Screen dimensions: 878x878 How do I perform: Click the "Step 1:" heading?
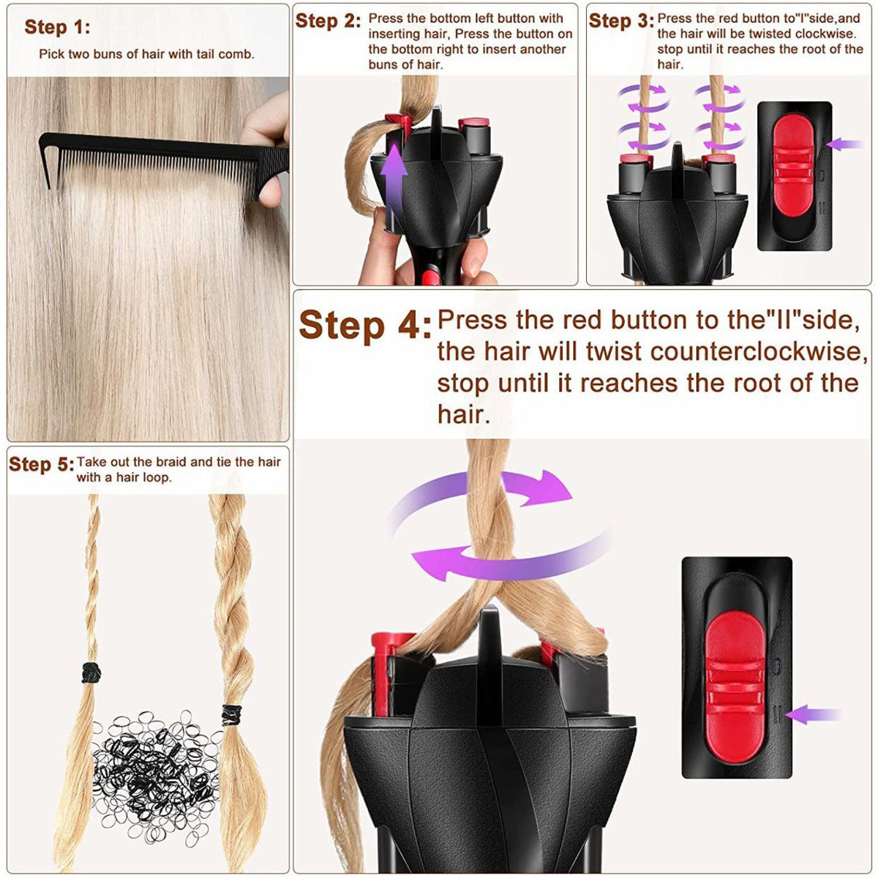tap(57, 28)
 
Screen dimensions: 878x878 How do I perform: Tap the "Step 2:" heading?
tap(328, 21)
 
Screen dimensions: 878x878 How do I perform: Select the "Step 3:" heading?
tap(621, 21)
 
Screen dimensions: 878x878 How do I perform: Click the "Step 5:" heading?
tap(41, 465)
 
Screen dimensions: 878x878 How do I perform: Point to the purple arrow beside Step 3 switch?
tap(845, 144)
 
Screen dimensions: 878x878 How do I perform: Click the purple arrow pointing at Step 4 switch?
tap(816, 713)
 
